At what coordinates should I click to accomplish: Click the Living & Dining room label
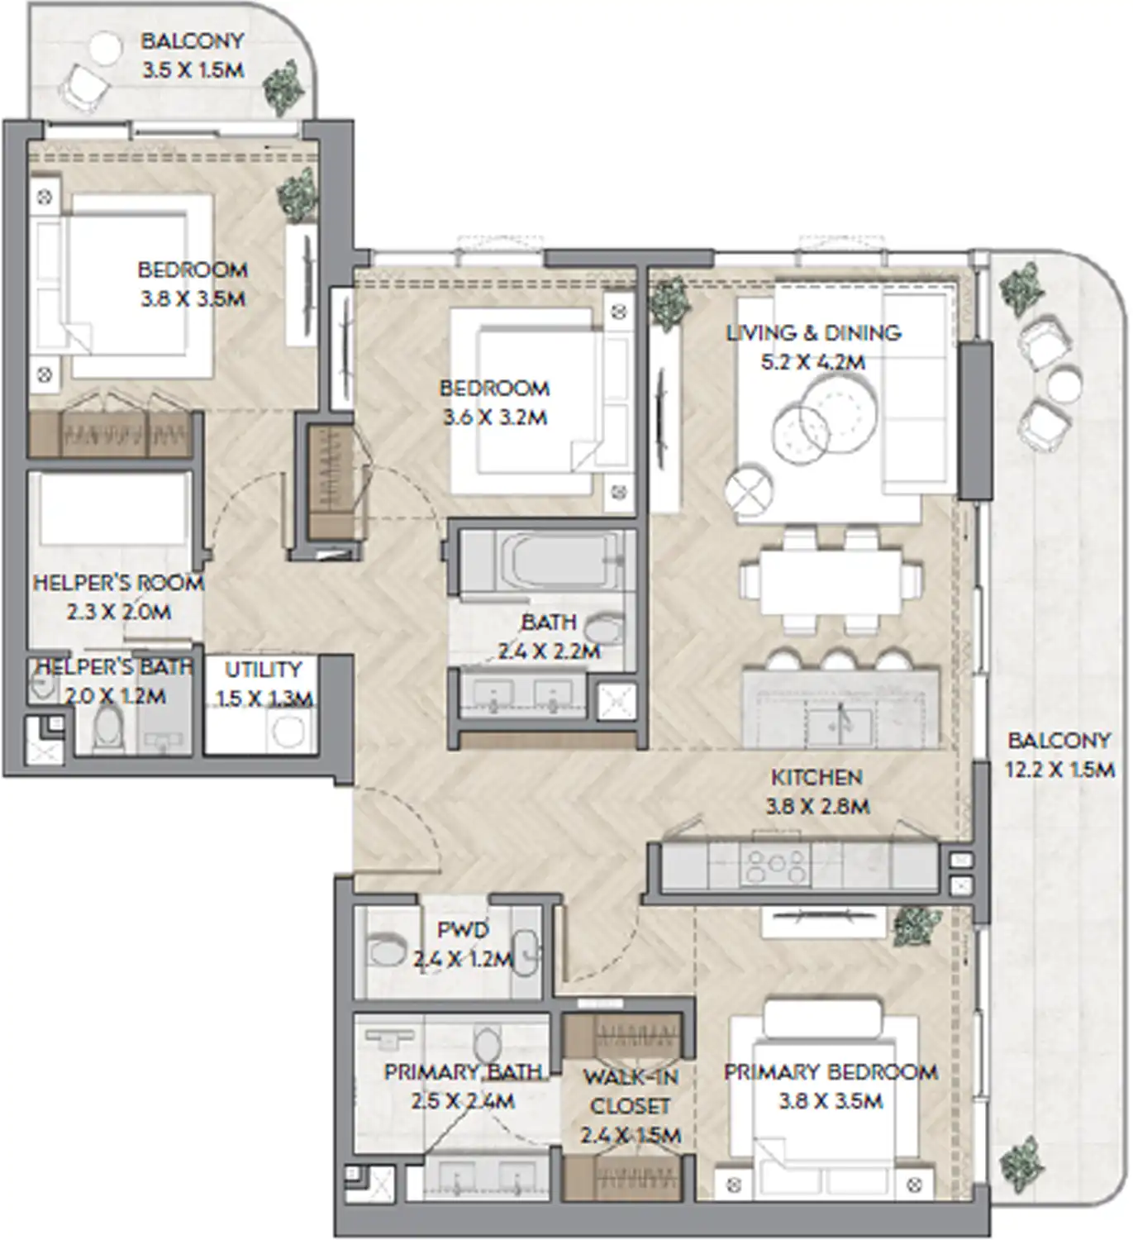(x=813, y=333)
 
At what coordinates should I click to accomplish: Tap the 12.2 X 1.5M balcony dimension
(x=1059, y=770)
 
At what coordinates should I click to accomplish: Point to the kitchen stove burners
(x=776, y=867)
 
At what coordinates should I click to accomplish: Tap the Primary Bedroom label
(x=831, y=1072)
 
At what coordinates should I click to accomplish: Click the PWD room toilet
(x=386, y=951)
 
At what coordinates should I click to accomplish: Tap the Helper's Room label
(x=118, y=583)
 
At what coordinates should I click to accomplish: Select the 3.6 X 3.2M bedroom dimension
(x=495, y=417)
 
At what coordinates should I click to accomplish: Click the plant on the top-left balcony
(x=283, y=85)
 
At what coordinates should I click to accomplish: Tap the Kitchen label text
(x=816, y=777)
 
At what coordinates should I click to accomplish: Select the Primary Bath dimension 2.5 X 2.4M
(x=463, y=1101)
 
